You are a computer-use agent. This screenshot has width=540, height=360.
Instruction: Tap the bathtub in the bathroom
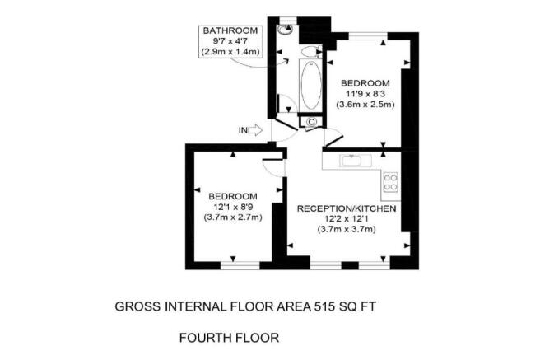click(x=310, y=87)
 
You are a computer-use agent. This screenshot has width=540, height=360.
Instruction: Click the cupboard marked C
click(x=312, y=123)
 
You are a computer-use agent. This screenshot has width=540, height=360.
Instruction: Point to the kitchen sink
click(x=349, y=160)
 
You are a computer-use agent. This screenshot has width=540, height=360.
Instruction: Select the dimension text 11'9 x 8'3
click(x=365, y=93)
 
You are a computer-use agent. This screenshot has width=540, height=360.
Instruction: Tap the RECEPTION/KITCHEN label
click(x=347, y=208)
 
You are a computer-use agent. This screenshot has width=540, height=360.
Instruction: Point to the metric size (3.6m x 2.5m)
click(x=365, y=104)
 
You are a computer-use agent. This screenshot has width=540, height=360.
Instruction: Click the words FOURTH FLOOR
click(x=230, y=338)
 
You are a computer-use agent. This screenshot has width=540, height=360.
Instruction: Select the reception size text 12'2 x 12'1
click(x=347, y=219)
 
